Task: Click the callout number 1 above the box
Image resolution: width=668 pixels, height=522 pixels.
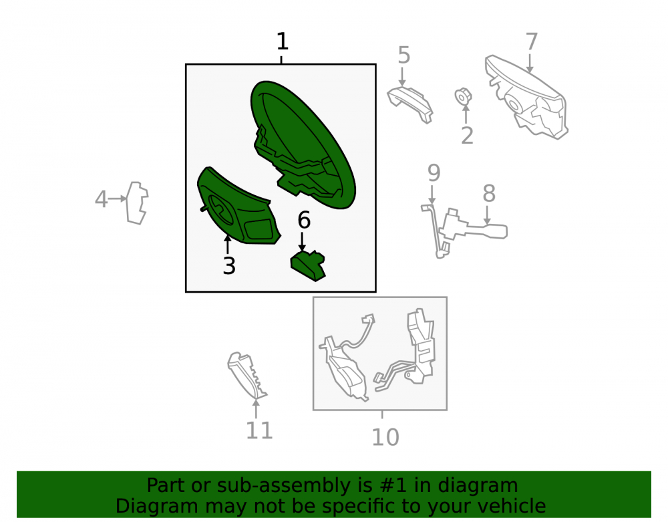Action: [283, 41]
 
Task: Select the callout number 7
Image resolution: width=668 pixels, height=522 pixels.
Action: [531, 42]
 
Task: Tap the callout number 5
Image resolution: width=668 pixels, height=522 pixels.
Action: [404, 55]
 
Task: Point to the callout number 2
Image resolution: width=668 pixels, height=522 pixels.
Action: [468, 136]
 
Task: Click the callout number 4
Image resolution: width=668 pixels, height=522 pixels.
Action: [101, 199]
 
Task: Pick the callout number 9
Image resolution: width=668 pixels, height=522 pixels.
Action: [434, 172]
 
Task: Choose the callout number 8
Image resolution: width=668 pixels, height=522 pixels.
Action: [489, 193]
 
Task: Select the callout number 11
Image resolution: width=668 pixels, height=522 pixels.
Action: [259, 430]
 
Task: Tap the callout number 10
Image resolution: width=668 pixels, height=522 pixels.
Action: [385, 436]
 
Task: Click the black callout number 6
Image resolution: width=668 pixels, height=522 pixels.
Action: [304, 221]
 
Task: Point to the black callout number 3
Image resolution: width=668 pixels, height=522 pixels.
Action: [229, 266]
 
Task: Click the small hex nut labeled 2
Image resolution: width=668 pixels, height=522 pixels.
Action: [463, 97]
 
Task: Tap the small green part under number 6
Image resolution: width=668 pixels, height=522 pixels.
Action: [307, 265]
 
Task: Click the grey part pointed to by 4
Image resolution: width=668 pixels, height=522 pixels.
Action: [137, 203]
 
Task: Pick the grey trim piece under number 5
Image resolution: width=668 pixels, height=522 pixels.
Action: [410, 104]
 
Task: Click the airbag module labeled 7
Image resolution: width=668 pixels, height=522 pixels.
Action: [527, 97]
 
